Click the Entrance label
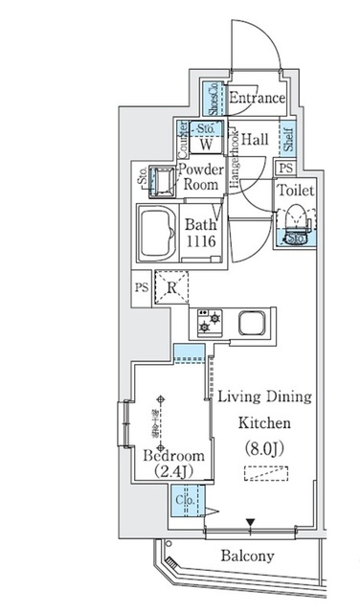click(257, 99)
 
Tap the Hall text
click(254, 140)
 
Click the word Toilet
click(295, 191)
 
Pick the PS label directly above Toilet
click(285, 169)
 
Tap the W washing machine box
click(205, 146)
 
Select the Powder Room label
click(201, 178)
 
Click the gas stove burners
click(208, 323)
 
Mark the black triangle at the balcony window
click(251, 522)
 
